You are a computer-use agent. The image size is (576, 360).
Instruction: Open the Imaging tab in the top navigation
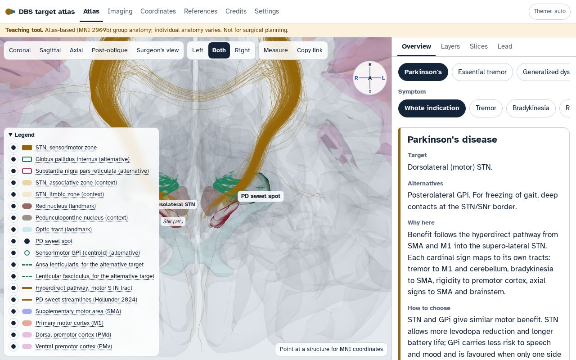click(120, 11)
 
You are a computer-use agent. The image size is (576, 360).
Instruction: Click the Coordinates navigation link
click(158, 11)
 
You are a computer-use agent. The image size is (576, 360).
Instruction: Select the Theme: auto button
click(549, 11)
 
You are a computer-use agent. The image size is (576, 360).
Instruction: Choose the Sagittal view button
click(50, 50)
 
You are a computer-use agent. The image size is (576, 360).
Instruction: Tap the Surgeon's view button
click(157, 50)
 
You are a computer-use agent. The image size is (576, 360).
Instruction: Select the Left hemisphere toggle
click(198, 50)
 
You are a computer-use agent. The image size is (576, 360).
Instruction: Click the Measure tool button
click(275, 50)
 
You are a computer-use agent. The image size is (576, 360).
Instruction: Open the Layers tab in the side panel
click(450, 46)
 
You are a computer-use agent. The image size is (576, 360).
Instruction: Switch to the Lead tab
click(505, 46)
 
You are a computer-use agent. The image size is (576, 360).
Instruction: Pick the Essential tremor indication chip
click(482, 72)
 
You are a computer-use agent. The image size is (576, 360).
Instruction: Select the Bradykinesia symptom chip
click(531, 108)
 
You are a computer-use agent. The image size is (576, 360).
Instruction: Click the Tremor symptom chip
click(486, 108)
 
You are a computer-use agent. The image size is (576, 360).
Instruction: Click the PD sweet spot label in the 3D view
click(261, 196)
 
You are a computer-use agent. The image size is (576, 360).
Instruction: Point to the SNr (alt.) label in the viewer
click(173, 221)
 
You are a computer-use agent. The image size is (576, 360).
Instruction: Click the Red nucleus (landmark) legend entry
click(66, 206)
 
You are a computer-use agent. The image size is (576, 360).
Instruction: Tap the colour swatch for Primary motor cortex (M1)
click(27, 323)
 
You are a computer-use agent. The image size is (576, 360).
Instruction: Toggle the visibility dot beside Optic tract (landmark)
click(13, 229)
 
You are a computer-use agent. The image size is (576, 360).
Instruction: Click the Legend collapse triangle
click(10, 135)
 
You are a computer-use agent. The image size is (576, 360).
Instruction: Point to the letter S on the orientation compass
click(370, 64)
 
